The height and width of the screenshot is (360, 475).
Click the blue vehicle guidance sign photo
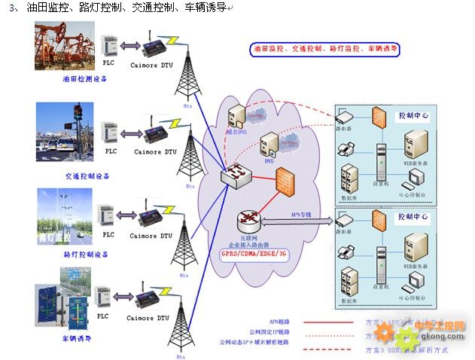65,307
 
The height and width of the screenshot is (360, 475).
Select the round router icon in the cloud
249,221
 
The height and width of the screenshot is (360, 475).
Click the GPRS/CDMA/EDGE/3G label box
253,254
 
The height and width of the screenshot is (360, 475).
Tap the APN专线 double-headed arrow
300,221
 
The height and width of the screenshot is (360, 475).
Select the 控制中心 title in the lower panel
413,217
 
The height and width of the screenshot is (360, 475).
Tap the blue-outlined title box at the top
325,49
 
